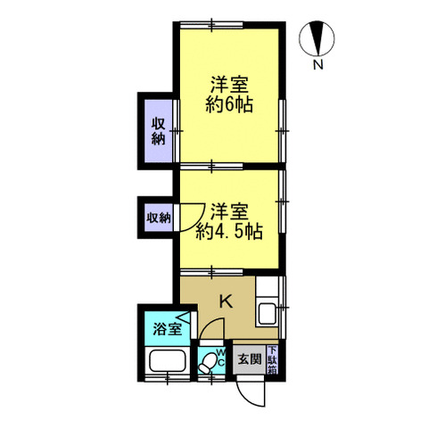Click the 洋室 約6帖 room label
(x=230, y=94)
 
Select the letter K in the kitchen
(x=226, y=302)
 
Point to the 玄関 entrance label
(x=249, y=360)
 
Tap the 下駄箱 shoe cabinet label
(x=272, y=359)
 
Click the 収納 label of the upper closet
(x=158, y=132)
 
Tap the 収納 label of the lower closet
(x=158, y=217)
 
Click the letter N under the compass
(x=318, y=63)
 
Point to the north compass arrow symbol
(x=318, y=37)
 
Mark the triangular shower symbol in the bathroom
(x=183, y=317)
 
